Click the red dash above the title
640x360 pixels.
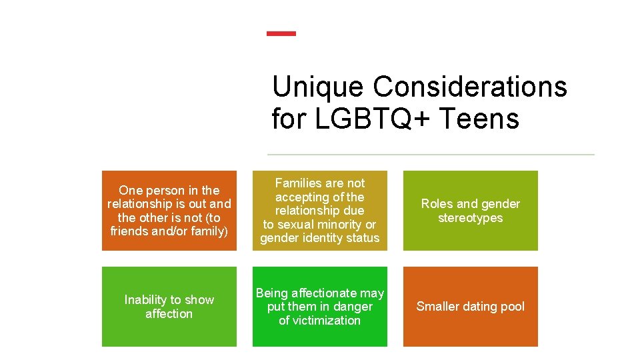point(281,33)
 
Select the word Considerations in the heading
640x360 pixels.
point(470,87)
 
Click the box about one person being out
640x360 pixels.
point(169,211)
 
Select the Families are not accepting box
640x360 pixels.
point(319,211)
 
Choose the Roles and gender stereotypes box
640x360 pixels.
point(470,211)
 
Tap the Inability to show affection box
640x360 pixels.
point(169,307)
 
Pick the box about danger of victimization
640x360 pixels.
point(319,307)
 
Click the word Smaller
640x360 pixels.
point(438,307)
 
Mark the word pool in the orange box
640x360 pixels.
point(511,307)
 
